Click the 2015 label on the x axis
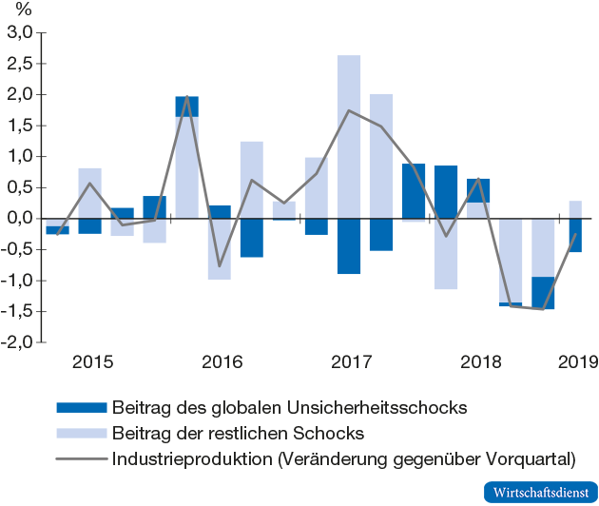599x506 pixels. tap(92, 361)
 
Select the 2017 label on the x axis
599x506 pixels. tap(350, 361)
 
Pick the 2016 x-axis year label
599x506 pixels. tap(221, 361)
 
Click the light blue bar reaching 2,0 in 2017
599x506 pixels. tap(381, 156)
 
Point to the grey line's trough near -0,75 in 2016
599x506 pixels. tap(220, 265)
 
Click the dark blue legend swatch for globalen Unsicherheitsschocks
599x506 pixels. tap(81, 409)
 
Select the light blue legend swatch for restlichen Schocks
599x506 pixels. tap(81, 435)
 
